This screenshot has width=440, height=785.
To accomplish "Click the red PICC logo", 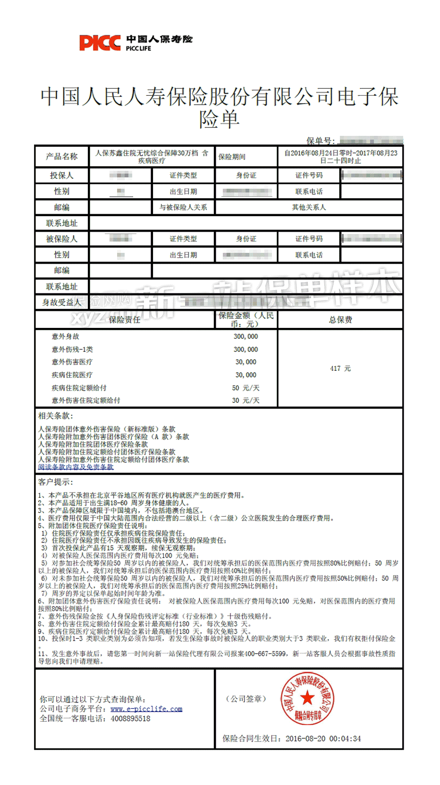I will coord(100,43).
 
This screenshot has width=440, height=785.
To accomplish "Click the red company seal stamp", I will coord(307,698).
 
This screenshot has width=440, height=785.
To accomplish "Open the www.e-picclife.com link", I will coord(146,709).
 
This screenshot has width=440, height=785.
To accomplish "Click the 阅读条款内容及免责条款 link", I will coord(76,467).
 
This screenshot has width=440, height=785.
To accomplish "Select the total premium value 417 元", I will coord(340,368).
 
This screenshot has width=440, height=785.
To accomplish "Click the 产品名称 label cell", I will coord(62,156).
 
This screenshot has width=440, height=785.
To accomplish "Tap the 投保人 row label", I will coord(62,175).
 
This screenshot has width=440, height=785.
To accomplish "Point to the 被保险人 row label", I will coord(62,239).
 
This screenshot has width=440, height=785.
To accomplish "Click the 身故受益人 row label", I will coord(62,302).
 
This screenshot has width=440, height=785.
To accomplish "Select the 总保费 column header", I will coord(340,319).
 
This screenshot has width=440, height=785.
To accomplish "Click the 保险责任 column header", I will coord(124,319).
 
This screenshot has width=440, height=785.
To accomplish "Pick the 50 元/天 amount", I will coord(245,388).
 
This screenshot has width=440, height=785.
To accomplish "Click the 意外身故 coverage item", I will coord(66,336).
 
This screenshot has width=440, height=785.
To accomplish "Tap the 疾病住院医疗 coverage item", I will coord(72,375).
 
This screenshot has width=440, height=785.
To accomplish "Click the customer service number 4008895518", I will coord(130,718).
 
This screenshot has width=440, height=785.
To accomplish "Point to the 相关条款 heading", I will coord(55,416).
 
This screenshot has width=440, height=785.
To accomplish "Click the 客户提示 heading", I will coord(55,482).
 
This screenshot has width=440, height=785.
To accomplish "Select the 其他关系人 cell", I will coord(309,207).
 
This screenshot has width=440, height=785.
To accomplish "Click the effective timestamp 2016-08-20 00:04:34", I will coord(323,738).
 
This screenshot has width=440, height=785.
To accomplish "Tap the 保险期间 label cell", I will coord(232,157).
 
